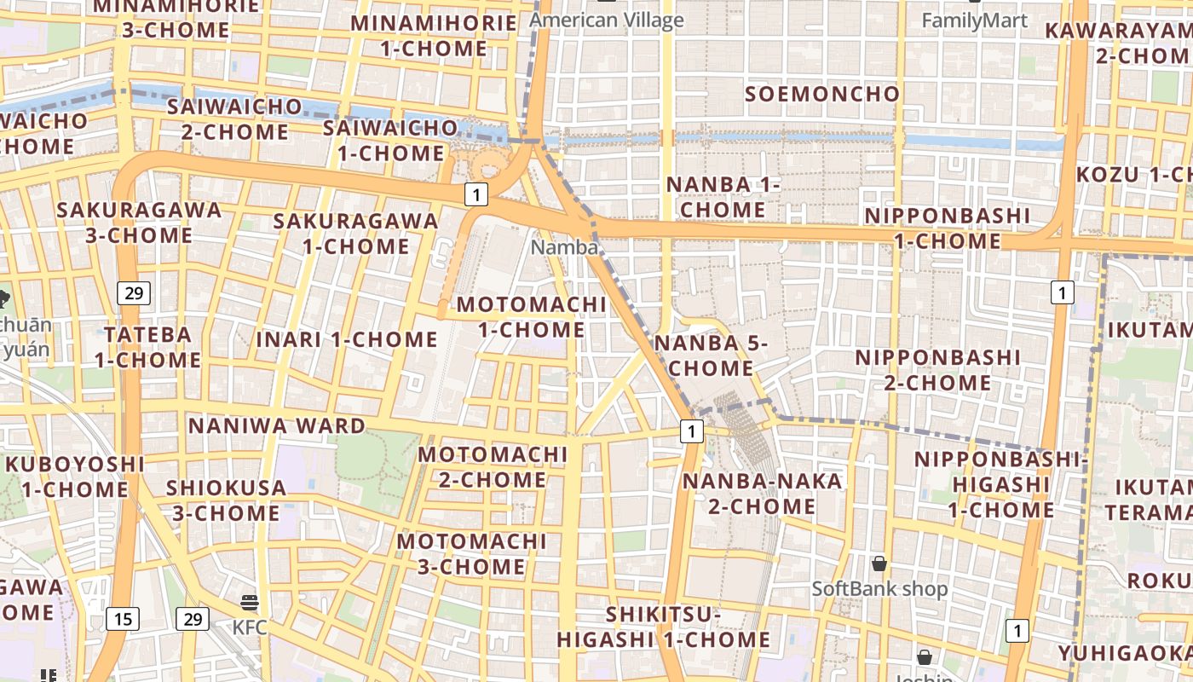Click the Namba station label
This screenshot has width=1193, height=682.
pyautogui.click(x=564, y=247)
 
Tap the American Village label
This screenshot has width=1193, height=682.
pyautogui.click(x=607, y=20)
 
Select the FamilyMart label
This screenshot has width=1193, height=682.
pyautogui.click(x=975, y=20)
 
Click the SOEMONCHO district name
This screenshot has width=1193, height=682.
pyautogui.click(x=822, y=94)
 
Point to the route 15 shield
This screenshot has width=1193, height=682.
pyautogui.click(x=123, y=618)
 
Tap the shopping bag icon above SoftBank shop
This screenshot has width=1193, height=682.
pyautogui.click(x=879, y=564)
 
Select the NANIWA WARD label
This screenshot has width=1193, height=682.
pyautogui.click(x=277, y=425)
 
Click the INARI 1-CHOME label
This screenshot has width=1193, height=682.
pyautogui.click(x=347, y=339)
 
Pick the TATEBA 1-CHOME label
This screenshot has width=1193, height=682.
pyautogui.click(x=147, y=347)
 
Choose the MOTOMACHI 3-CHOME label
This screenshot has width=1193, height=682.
pyautogui.click(x=471, y=553)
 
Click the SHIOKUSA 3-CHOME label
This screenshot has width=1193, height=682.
pyautogui.click(x=227, y=500)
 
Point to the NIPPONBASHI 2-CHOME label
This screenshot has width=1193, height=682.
pyautogui.click(x=937, y=370)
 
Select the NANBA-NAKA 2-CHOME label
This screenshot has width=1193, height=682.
pyautogui.click(x=750, y=494)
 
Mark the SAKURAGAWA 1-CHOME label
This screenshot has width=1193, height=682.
pyautogui.click(x=355, y=234)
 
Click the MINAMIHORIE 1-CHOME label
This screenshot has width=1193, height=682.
pyautogui.click(x=434, y=36)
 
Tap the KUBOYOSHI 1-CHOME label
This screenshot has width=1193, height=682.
pyautogui.click(x=75, y=477)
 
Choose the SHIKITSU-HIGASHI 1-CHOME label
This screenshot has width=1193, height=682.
pyautogui.click(x=664, y=627)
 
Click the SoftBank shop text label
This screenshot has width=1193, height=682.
pyautogui.click(x=879, y=589)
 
